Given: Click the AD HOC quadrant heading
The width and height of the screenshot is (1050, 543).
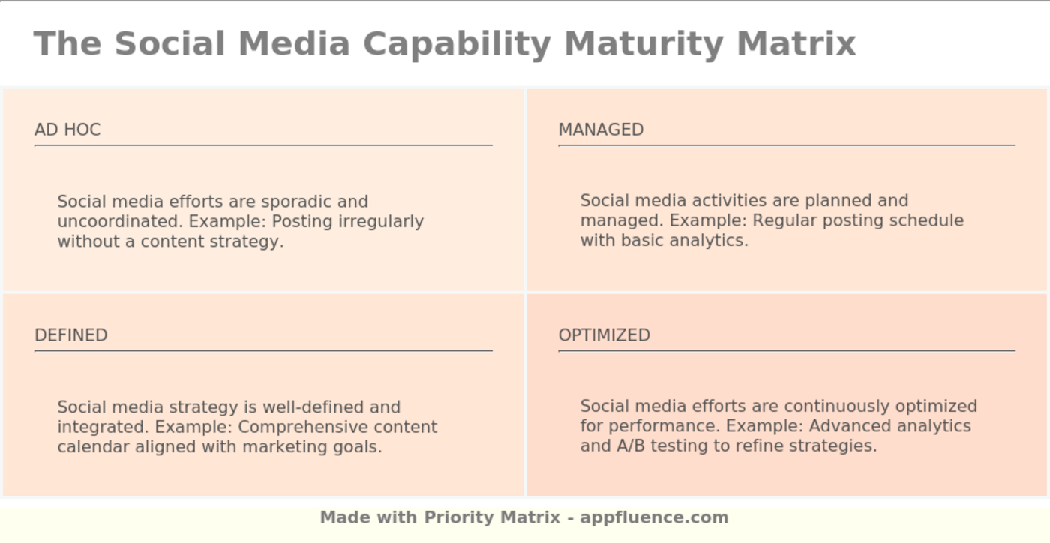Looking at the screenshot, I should click(x=67, y=130).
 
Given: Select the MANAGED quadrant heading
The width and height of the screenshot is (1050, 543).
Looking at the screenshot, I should click(x=601, y=130).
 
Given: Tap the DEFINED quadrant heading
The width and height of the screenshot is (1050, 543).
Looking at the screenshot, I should click(x=71, y=335).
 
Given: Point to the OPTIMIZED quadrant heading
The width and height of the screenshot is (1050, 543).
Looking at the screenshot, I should click(x=604, y=335).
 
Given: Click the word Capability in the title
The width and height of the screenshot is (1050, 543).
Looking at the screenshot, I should click(x=457, y=44).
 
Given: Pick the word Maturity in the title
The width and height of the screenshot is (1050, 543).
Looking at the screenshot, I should click(x=643, y=44).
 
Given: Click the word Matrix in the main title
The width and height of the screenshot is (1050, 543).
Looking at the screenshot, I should click(x=796, y=44).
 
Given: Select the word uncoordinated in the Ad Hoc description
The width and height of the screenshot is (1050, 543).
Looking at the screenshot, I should click(x=120, y=222).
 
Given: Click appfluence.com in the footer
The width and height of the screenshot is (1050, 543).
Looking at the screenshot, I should click(x=654, y=517).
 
